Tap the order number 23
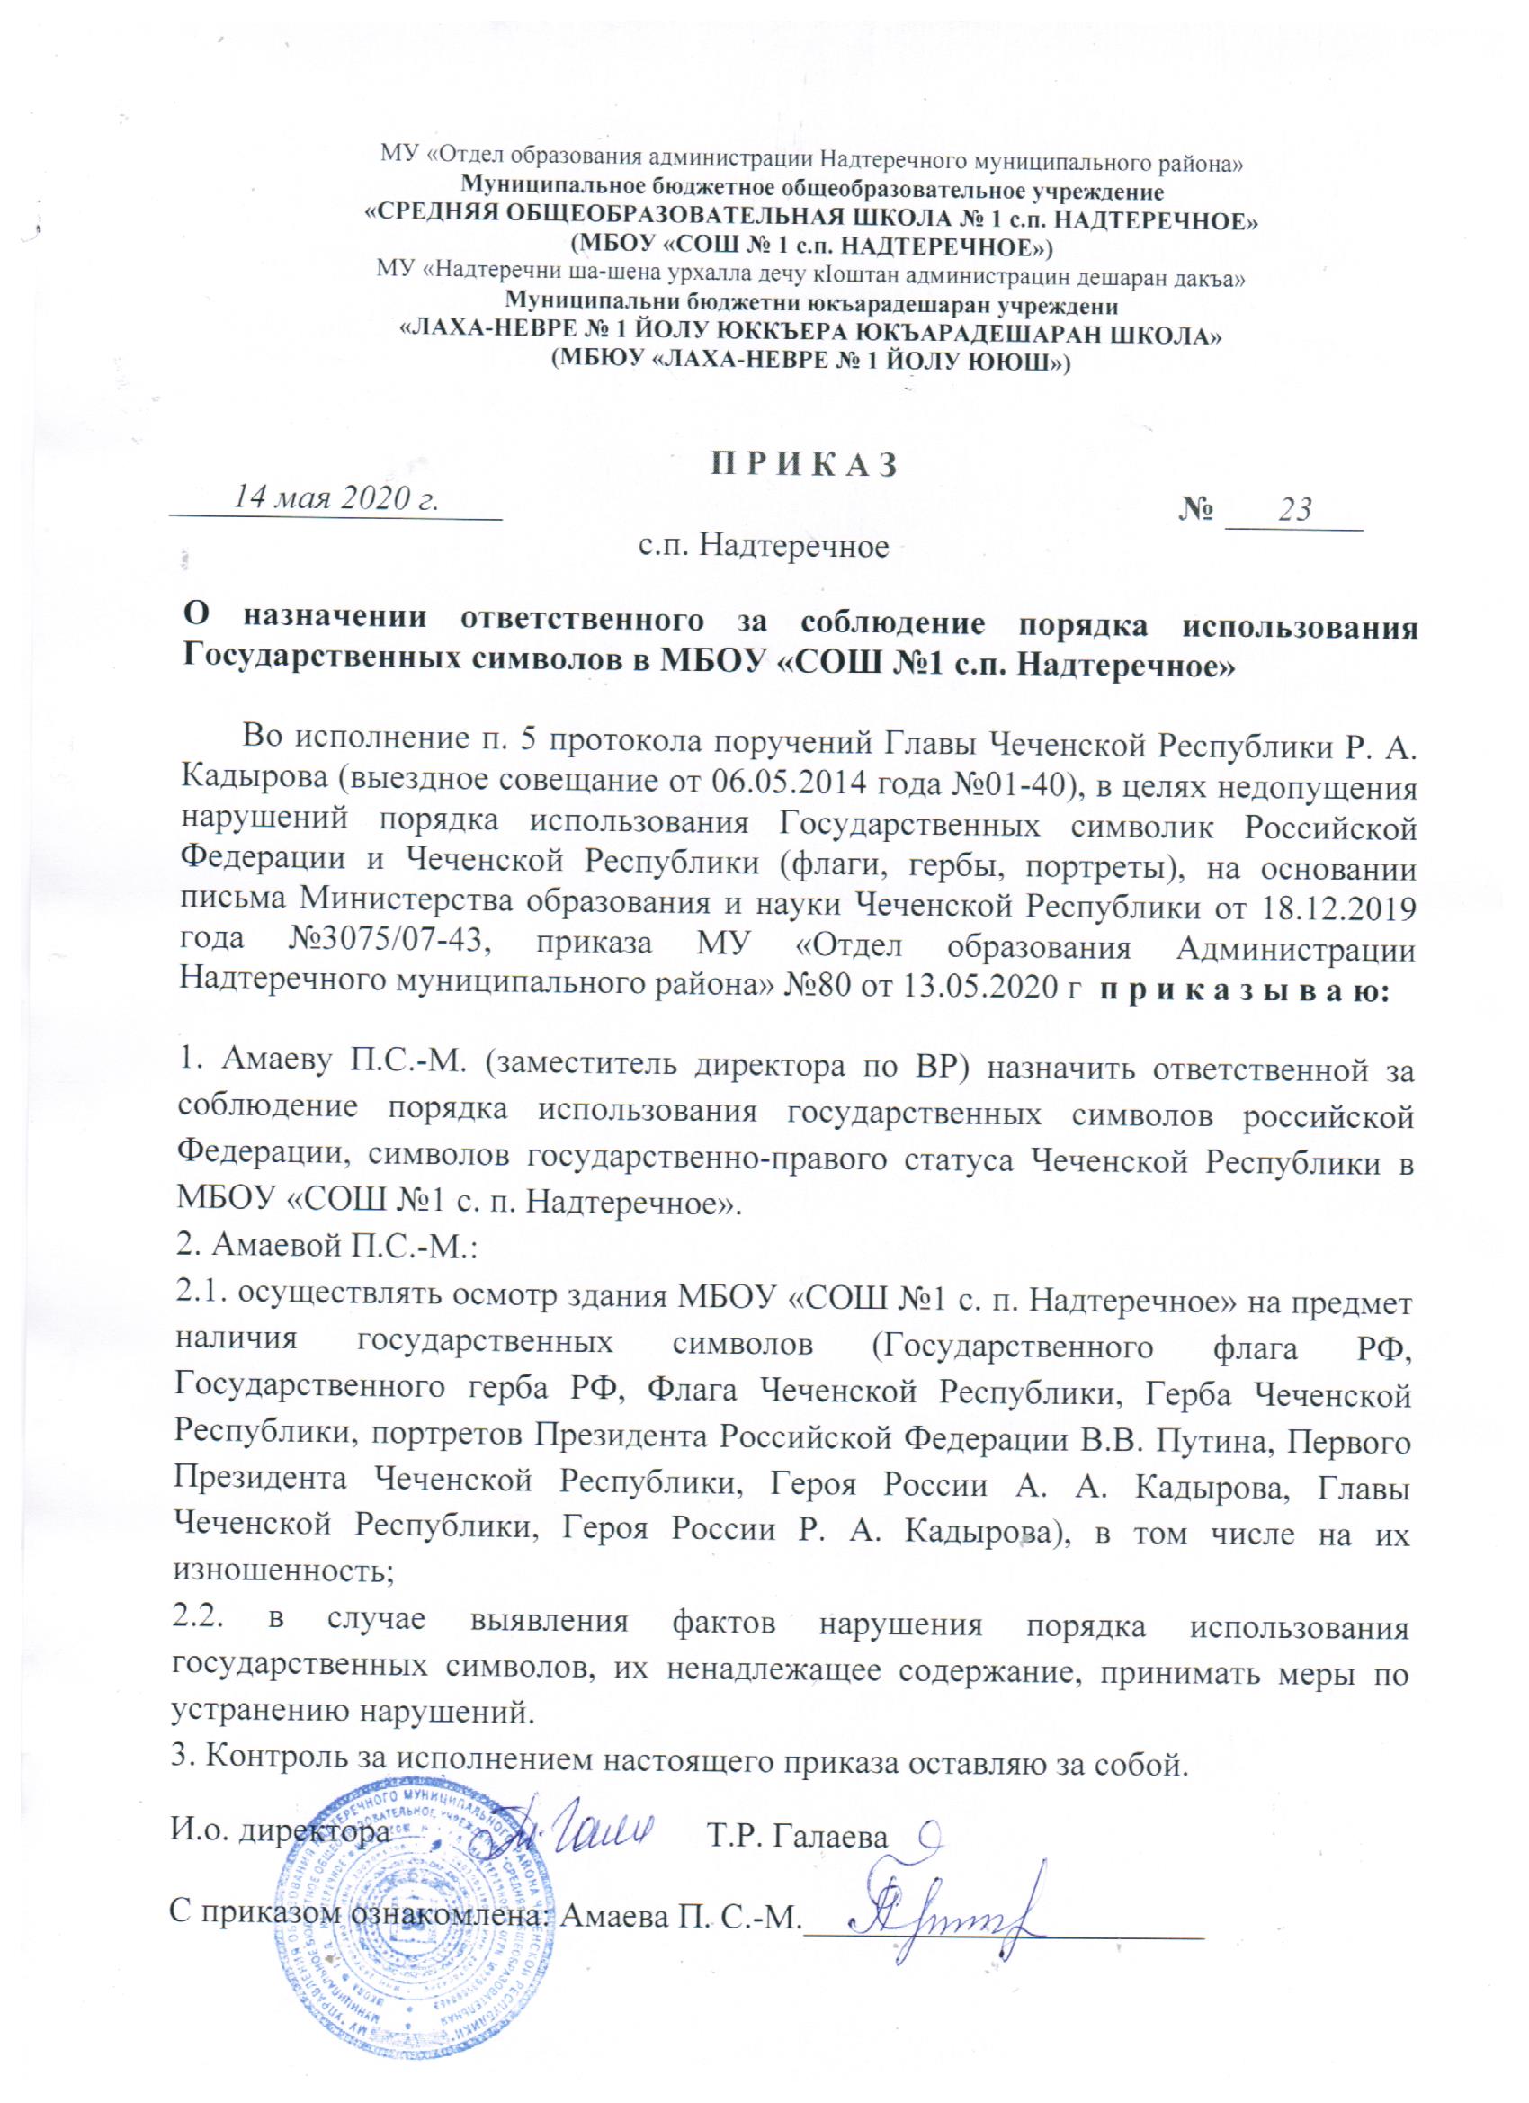[1295, 510]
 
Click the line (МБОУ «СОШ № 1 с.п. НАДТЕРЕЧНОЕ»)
[809, 246]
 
